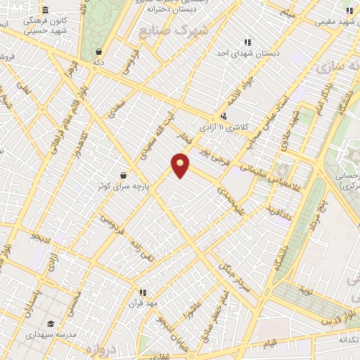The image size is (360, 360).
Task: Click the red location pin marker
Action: pyautogui.click(x=181, y=165)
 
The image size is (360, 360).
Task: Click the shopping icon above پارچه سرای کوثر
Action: pyautogui.click(x=124, y=175)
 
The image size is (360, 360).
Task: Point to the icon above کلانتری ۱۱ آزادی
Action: pyautogui.click(x=224, y=116)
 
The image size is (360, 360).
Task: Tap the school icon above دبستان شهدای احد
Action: pyautogui.click(x=247, y=41)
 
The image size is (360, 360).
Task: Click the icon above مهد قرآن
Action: pyautogui.click(x=142, y=292)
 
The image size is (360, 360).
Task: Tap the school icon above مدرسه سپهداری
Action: pyautogui.click(x=51, y=324)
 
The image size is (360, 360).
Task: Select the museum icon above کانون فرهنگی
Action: pyautogui.click(x=46, y=10)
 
